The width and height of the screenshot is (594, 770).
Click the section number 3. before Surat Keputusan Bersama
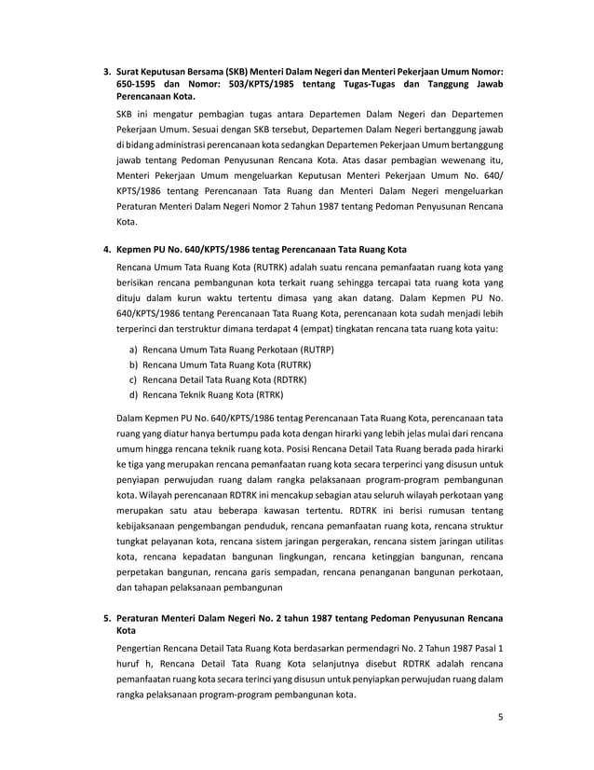click(x=106, y=71)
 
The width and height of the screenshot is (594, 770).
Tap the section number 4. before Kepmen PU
click(x=106, y=250)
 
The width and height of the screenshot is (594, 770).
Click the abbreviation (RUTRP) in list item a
click(x=314, y=349)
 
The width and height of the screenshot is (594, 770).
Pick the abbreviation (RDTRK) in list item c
click(x=287, y=380)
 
